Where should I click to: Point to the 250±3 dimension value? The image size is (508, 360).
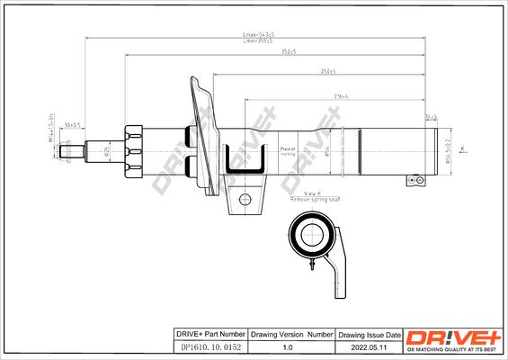(x=329, y=71)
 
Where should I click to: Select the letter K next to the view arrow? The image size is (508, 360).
(x=461, y=148)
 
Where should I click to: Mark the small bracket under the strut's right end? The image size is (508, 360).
(x=414, y=179)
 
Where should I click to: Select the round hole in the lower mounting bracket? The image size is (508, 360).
(x=243, y=199)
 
